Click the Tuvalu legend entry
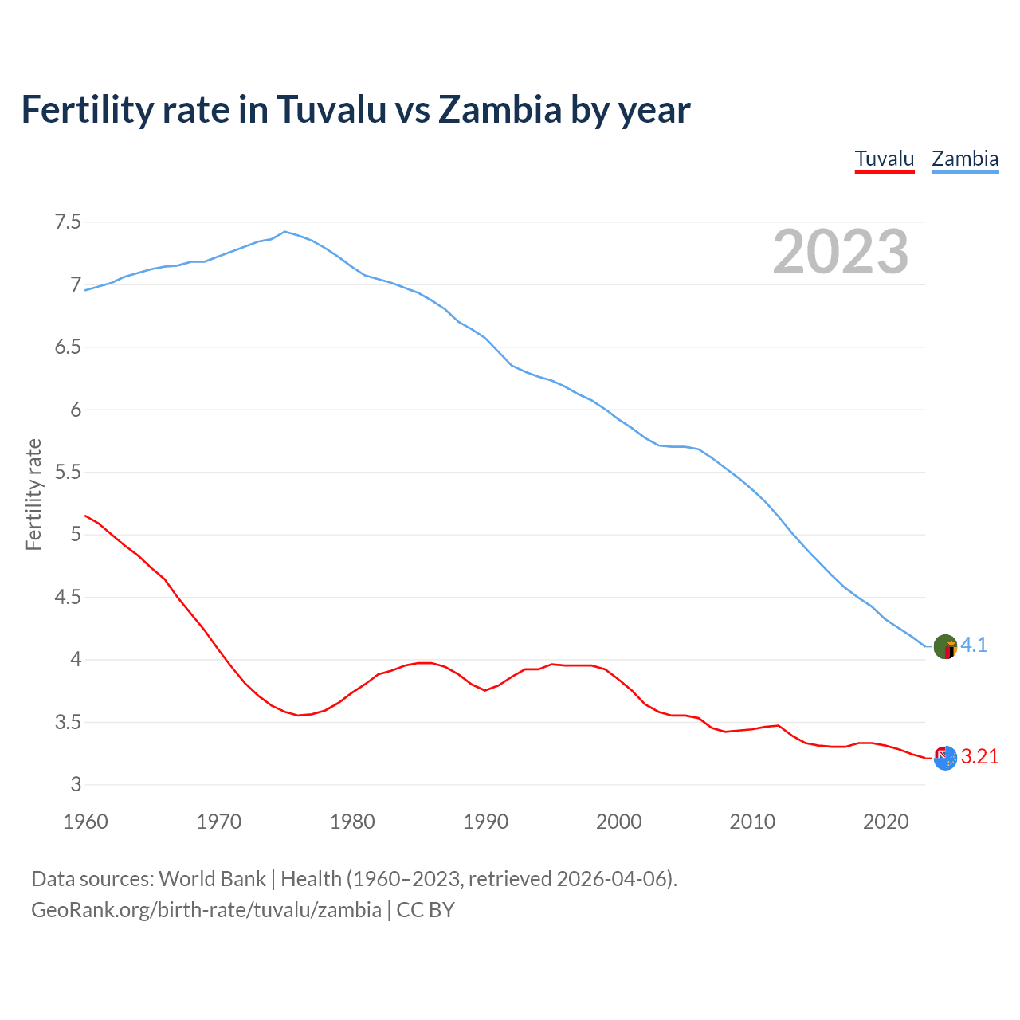click(885, 159)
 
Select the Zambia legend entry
click(965, 159)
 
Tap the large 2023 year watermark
click(841, 252)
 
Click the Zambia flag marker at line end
click(945, 646)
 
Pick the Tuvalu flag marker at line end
click(945, 758)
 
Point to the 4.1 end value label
click(974, 645)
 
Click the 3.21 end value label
click(979, 757)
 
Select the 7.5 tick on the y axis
click(68, 222)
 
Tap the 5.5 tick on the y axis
click(68, 473)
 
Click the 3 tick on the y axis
click(76, 785)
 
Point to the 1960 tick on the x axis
click(85, 822)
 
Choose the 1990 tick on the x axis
click(485, 822)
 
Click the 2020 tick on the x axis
click(885, 822)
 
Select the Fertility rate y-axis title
click(33, 494)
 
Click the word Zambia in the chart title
click(500, 109)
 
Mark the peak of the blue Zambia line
click(285, 232)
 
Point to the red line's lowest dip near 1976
click(299, 715)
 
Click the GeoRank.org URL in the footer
click(206, 910)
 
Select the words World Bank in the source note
click(212, 879)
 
